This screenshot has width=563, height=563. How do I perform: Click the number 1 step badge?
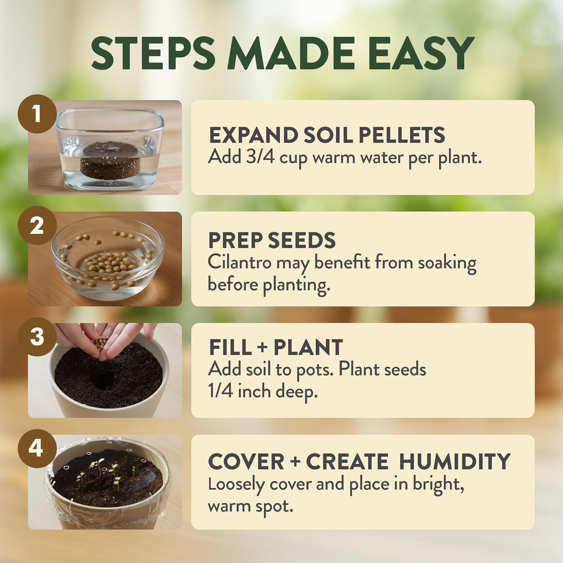(36, 114)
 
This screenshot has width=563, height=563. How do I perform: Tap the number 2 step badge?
(36, 226)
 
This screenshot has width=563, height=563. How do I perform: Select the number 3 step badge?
(36, 337)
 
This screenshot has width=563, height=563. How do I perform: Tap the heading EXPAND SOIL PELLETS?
(327, 135)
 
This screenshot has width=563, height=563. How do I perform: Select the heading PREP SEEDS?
(272, 240)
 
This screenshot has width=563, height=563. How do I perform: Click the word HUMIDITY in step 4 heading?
(455, 461)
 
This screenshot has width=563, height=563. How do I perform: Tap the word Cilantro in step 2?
(239, 262)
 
